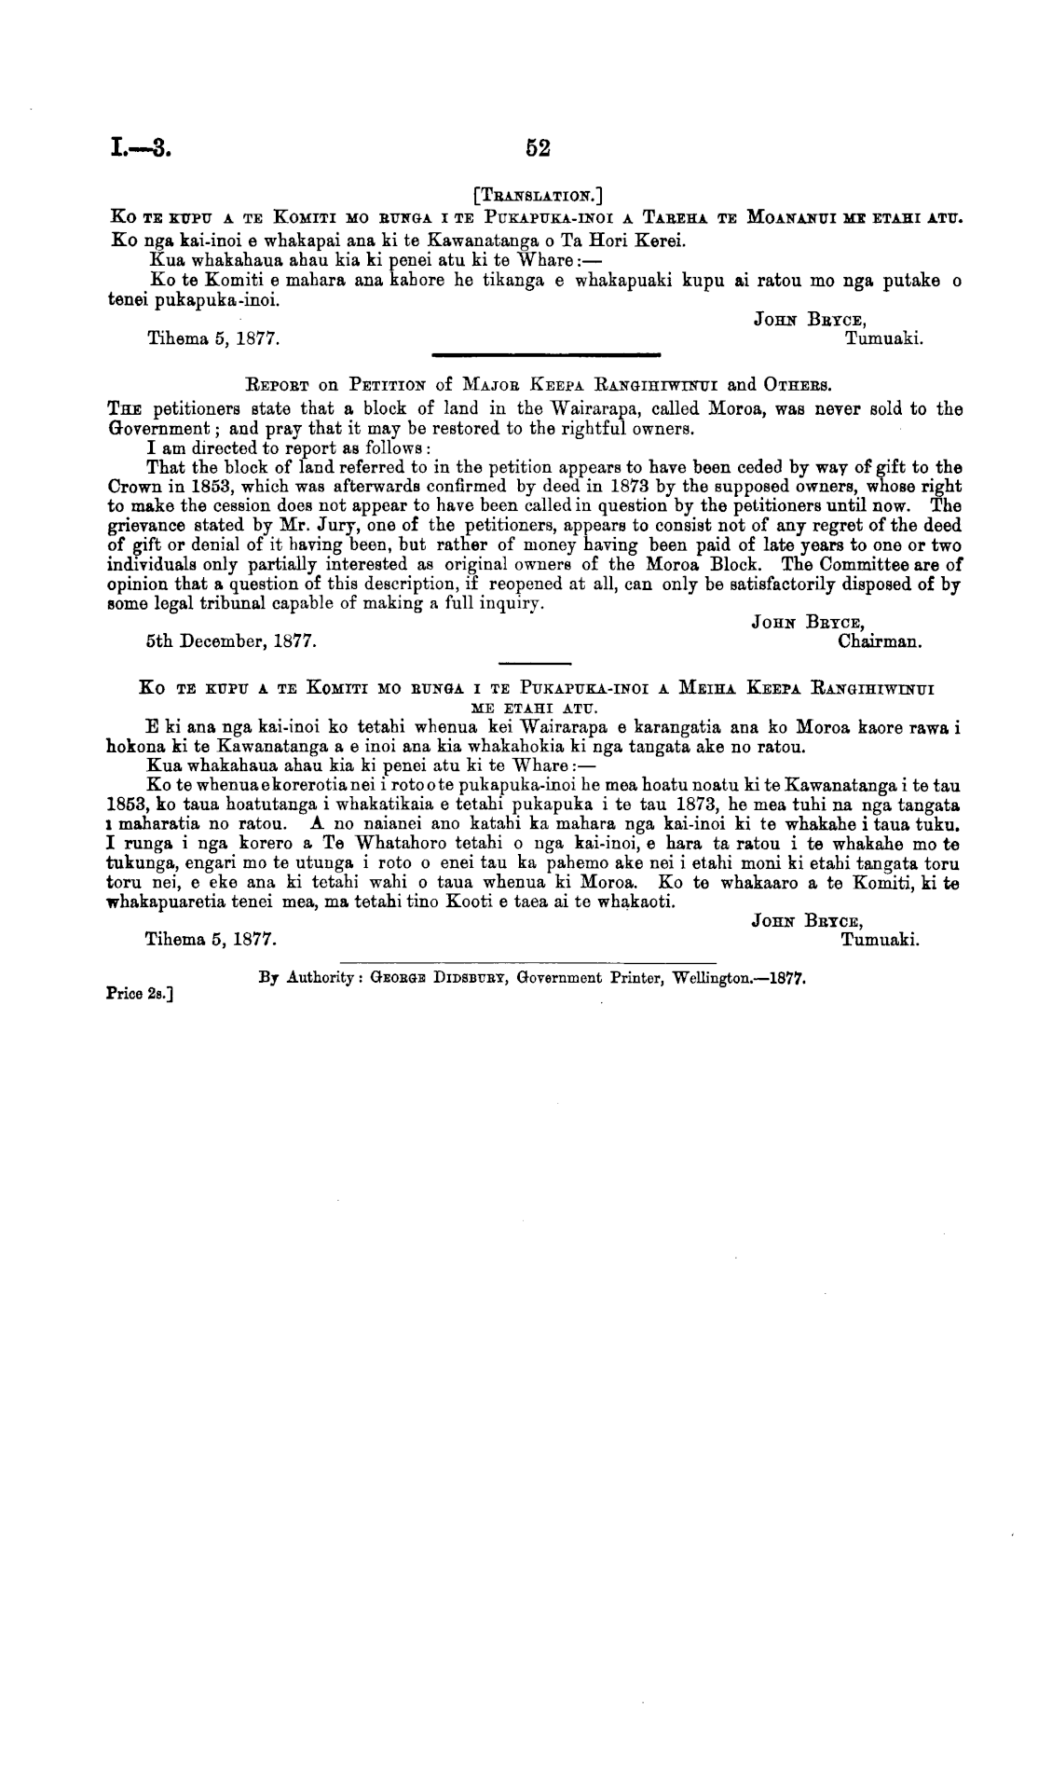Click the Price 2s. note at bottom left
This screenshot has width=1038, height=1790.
pyautogui.click(x=143, y=993)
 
